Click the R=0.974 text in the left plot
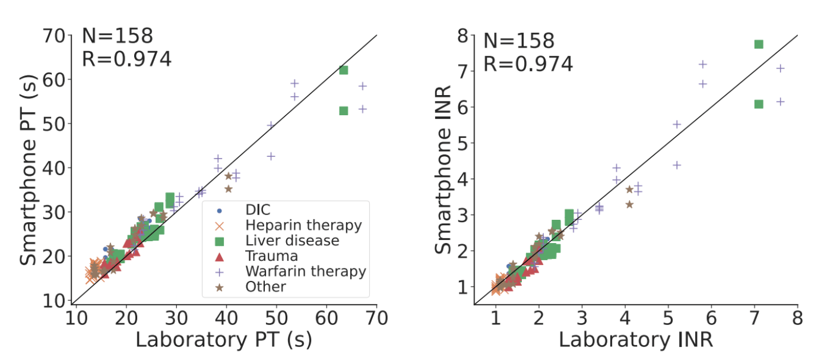click(x=126, y=59)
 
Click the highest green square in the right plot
click(x=759, y=44)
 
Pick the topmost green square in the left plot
click(x=343, y=70)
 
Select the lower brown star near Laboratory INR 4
click(x=629, y=204)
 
